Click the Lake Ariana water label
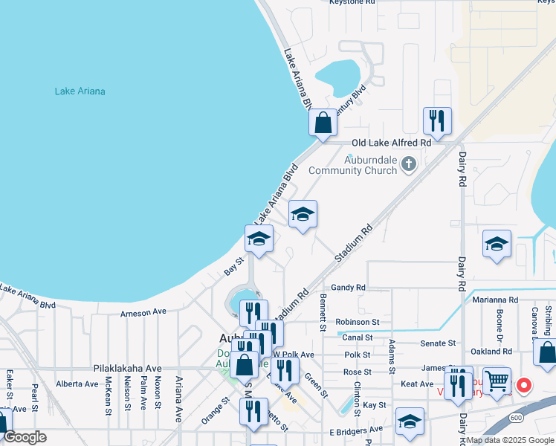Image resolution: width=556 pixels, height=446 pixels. click(x=80, y=91)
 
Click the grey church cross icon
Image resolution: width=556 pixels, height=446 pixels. click(x=408, y=164)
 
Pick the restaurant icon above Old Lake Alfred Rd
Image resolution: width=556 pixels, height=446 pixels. click(x=436, y=120)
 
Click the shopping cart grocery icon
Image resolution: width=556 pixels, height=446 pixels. click(x=497, y=380)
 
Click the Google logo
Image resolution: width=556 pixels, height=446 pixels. click(x=25, y=437)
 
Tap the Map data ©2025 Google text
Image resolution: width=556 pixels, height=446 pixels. click(x=510, y=440)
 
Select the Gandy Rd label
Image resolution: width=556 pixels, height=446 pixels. click(x=349, y=287)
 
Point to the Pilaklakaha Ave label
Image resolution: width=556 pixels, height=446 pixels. click(x=127, y=368)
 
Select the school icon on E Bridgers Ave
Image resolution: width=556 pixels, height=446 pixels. click(x=410, y=421)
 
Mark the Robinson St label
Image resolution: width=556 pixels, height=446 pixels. click(x=358, y=322)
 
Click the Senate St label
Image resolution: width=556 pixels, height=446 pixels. click(x=438, y=343)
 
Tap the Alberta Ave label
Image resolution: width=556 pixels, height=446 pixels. click(x=77, y=384)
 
